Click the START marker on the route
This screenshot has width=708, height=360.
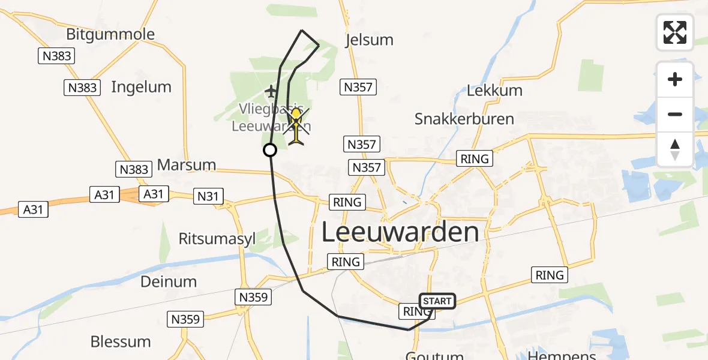pyautogui.click(x=437, y=301)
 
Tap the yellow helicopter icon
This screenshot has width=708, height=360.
pyautogui.click(x=296, y=125)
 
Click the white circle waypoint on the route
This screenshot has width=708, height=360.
pyautogui.click(x=270, y=150)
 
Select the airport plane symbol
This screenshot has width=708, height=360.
pyautogui.click(x=271, y=92)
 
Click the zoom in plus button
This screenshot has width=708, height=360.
pyautogui.click(x=675, y=79)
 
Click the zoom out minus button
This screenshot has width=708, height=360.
pyautogui.click(x=675, y=114)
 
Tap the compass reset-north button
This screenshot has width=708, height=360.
pyautogui.click(x=675, y=149)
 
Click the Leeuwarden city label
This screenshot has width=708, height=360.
pyautogui.click(x=401, y=232)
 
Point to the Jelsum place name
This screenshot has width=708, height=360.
pyautogui.click(x=370, y=40)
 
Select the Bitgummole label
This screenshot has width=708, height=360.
pyautogui.click(x=110, y=34)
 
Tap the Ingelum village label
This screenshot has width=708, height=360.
pyautogui.click(x=141, y=87)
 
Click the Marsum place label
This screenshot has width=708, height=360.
pyautogui.click(x=186, y=164)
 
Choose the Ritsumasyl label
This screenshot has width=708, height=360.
pyautogui.click(x=217, y=239)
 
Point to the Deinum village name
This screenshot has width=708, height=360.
pyautogui.click(x=169, y=281)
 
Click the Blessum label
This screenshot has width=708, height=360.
pyautogui.click(x=121, y=341)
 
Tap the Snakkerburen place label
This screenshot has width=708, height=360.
pyautogui.click(x=464, y=119)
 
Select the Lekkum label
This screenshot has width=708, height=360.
pyautogui.click(x=494, y=91)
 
